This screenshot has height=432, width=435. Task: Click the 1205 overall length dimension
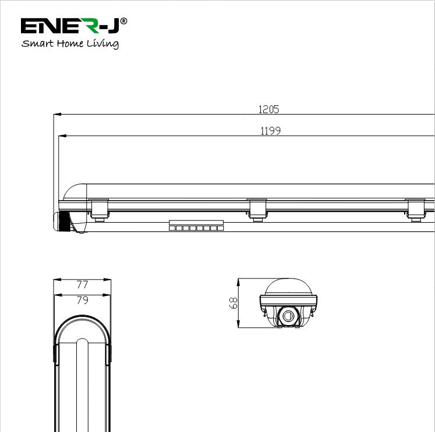click(x=269, y=109)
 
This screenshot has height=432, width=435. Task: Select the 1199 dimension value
click(x=270, y=131)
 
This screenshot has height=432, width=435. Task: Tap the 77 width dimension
click(x=82, y=285)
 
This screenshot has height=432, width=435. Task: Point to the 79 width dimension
click(x=82, y=300)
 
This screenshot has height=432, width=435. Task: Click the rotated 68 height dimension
click(x=234, y=303)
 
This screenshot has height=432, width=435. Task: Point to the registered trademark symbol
click(x=123, y=22)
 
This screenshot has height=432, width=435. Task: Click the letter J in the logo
click(x=113, y=26)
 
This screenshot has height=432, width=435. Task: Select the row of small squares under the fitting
click(x=196, y=228)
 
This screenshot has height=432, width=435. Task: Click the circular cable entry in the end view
click(x=288, y=315)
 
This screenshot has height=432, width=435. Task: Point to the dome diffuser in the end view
click(x=288, y=287)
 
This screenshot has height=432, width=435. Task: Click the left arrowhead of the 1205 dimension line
click(x=56, y=115)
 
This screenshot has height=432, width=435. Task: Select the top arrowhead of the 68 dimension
click(x=238, y=281)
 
